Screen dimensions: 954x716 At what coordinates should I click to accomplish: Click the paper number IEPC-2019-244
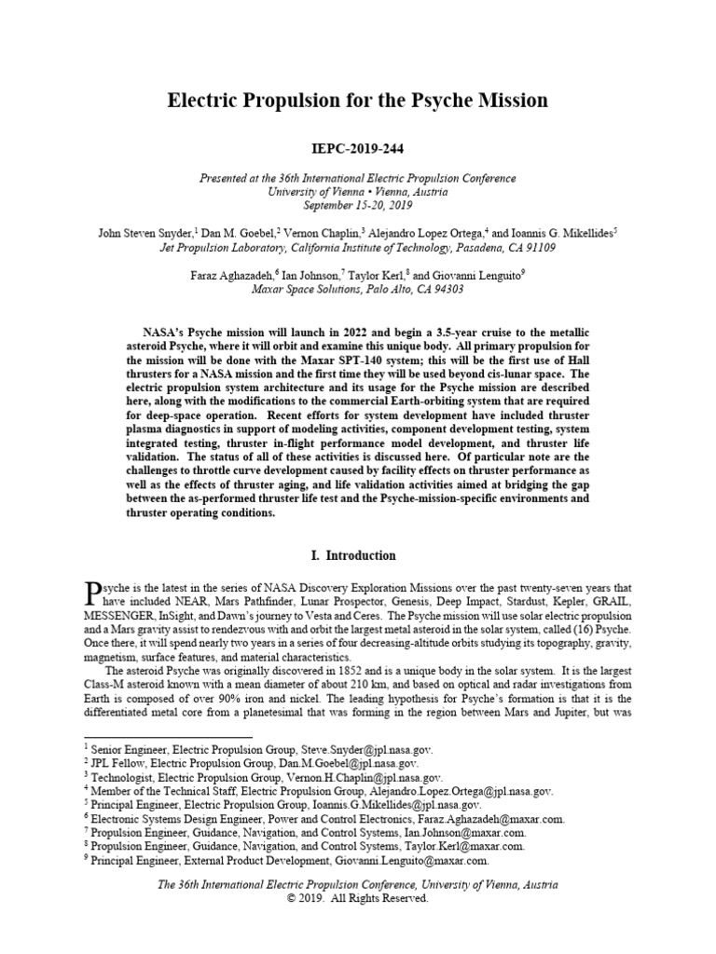coord(358,147)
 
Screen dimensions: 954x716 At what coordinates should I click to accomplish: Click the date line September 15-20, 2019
coord(358,205)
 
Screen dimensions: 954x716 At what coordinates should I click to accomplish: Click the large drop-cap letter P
coord(91,593)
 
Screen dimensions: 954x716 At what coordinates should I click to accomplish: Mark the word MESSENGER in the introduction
coord(119,616)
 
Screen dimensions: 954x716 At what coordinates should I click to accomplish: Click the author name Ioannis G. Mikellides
coord(552,232)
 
